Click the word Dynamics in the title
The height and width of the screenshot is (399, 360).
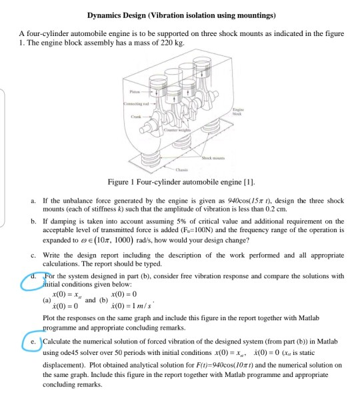click(x=107, y=14)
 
